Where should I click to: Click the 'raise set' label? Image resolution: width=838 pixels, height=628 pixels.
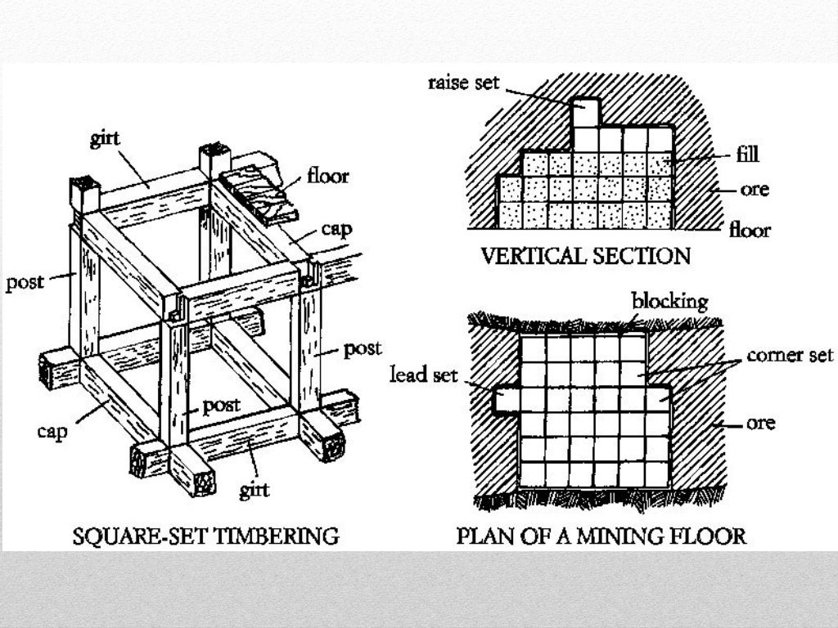tap(463, 83)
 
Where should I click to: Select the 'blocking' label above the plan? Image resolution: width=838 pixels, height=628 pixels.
tap(669, 301)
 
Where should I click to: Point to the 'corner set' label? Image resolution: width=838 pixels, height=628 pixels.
tap(790, 356)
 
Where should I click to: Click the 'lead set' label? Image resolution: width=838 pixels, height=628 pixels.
tap(422, 375)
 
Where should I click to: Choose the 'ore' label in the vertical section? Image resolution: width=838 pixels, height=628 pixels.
tap(754, 189)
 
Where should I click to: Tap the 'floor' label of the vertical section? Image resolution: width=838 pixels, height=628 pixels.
tap(750, 231)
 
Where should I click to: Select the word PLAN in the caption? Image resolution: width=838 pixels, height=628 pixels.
tap(484, 537)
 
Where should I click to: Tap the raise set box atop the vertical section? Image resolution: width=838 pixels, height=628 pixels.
tap(585, 113)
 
